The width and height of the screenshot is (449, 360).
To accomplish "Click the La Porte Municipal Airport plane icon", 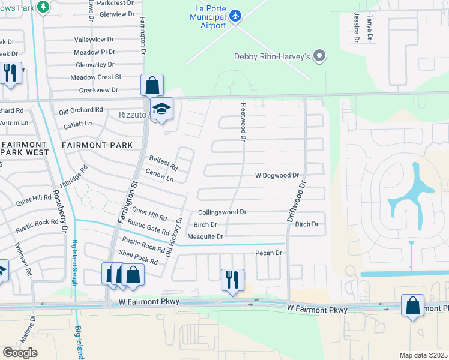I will click(x=235, y=15).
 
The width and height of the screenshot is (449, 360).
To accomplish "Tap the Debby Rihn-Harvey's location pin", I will click(x=319, y=57).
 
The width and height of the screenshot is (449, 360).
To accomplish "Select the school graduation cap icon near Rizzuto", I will click(x=161, y=109).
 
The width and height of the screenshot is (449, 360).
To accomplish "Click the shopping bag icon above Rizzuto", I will click(x=152, y=85).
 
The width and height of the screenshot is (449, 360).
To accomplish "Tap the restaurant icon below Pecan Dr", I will click(x=232, y=280).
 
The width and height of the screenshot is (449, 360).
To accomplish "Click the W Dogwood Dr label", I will click(x=277, y=176).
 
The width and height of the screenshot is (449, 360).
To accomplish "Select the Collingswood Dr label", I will click(x=222, y=212).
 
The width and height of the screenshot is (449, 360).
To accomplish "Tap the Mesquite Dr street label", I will click(x=205, y=237).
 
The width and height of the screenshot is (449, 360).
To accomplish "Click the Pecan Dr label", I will click(x=268, y=253).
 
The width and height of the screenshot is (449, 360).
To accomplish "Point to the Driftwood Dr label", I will click(x=298, y=203).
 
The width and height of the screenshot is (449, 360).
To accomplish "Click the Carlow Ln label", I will click(x=160, y=175).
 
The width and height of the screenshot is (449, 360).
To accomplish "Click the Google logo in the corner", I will click(x=20, y=353).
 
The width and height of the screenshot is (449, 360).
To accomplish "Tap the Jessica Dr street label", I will click(x=357, y=27).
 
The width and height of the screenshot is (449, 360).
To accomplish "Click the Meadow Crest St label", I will click(x=95, y=77).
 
